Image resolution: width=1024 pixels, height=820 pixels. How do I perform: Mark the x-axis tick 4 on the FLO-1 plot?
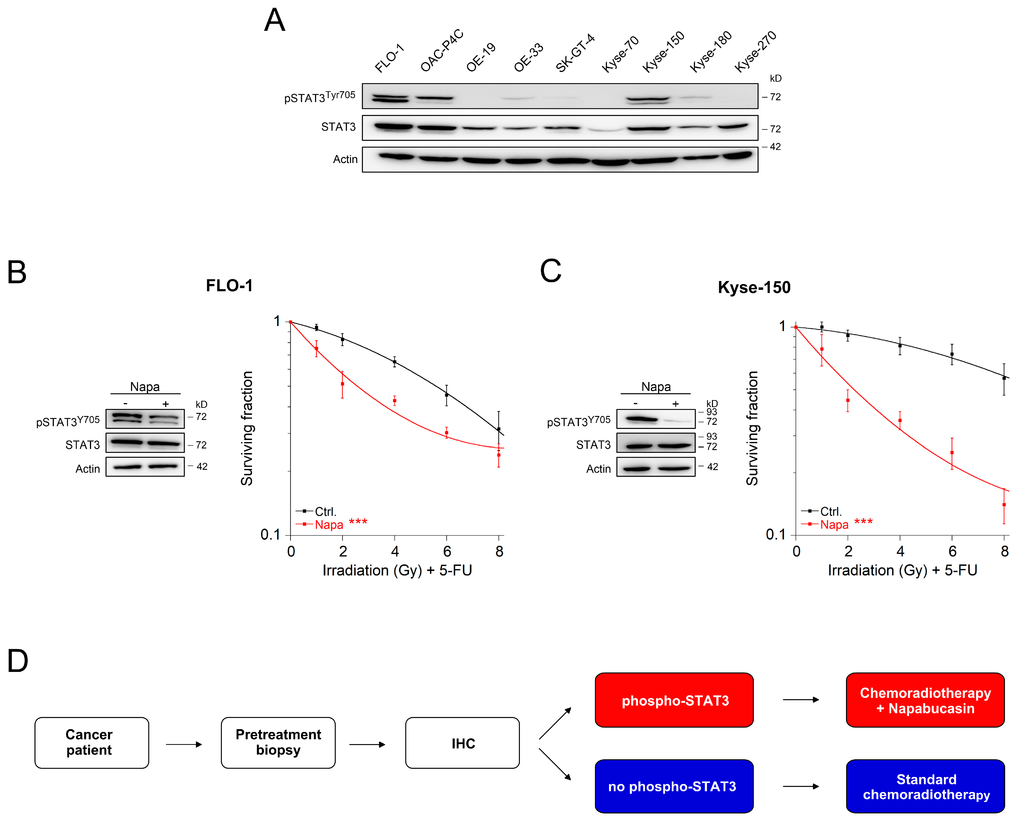(395, 551)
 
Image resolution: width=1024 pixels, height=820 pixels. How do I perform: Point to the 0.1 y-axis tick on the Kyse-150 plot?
(776, 534)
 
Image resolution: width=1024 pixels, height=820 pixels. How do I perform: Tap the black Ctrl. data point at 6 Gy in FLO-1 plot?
(446, 395)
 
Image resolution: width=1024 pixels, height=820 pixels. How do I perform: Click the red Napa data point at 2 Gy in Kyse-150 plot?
(848, 401)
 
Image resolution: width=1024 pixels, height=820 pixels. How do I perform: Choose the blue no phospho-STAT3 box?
(673, 786)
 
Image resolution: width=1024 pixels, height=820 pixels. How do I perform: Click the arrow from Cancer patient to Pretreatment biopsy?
(184, 745)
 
